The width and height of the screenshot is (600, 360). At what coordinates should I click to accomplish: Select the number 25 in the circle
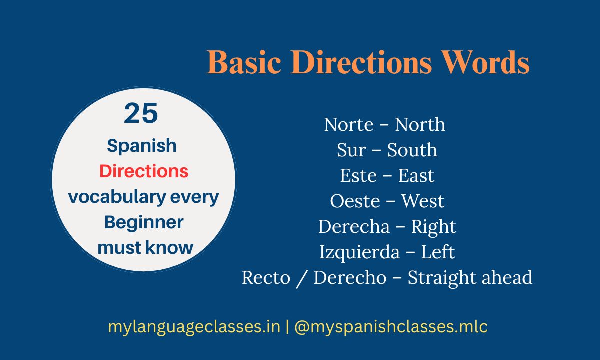[x=141, y=113]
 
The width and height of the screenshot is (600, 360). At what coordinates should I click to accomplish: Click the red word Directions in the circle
[x=144, y=171]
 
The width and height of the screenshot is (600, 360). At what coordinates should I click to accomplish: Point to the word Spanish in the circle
[x=142, y=146]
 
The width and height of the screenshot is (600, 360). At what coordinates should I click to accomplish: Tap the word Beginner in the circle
[x=144, y=222]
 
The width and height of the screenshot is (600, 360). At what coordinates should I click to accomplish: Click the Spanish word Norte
[x=348, y=125]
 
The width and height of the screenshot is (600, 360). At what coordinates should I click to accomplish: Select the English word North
[x=420, y=125]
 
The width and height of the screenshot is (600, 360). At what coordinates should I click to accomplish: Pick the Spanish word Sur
[x=351, y=150]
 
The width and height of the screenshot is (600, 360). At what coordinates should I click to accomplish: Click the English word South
[x=412, y=150]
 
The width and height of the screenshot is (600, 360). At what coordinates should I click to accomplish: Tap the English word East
[x=416, y=176]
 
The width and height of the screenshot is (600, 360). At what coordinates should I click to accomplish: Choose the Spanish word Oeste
[x=355, y=201]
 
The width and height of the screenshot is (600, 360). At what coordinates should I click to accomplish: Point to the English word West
[x=423, y=201]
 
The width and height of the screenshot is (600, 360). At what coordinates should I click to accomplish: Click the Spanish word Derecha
[x=354, y=227]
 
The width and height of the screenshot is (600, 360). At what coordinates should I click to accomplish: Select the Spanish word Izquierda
[x=359, y=252]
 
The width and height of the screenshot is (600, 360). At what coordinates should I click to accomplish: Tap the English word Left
[x=438, y=252]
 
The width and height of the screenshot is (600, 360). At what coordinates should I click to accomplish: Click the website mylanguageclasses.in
[x=194, y=327]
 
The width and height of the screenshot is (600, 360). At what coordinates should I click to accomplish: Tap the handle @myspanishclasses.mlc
[x=391, y=327]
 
